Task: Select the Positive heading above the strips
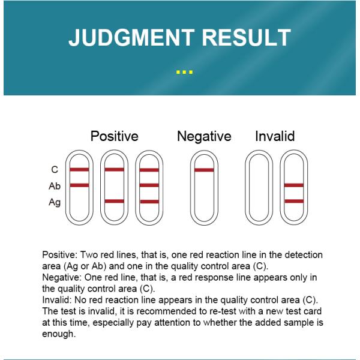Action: (x=114, y=136)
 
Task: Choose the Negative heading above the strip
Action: (x=204, y=136)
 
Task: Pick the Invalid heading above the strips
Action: (x=275, y=136)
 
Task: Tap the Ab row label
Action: (x=55, y=186)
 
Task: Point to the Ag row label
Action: (x=55, y=202)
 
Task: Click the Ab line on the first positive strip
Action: (x=79, y=185)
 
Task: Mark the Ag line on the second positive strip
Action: (x=114, y=201)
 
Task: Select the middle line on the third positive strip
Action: (x=149, y=185)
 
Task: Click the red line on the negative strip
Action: (x=204, y=170)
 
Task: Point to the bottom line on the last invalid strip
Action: (x=294, y=201)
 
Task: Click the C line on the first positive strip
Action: (x=79, y=170)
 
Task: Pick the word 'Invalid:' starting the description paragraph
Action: (x=58, y=299)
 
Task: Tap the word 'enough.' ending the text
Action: (x=59, y=333)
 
